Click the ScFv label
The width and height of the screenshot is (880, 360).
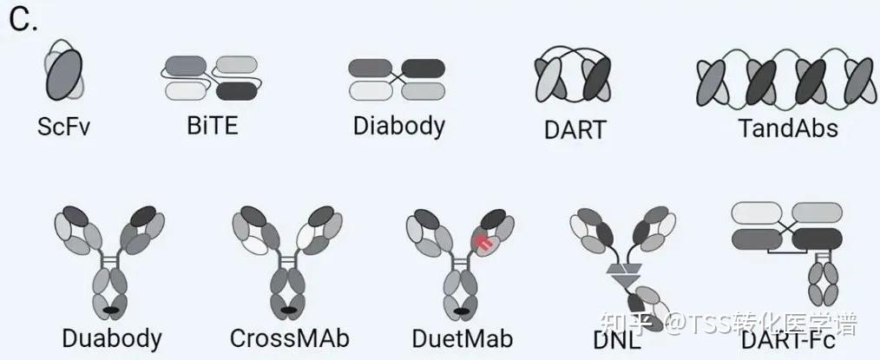pos(64,127)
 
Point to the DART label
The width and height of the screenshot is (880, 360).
pos(574,130)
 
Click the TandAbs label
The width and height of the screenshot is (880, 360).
pos(788,128)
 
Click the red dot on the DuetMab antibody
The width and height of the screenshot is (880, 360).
pos(483,244)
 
